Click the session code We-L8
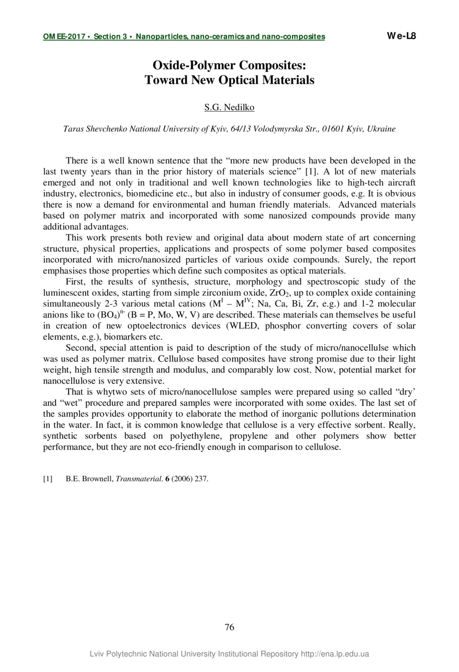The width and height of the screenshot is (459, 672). coord(401,36)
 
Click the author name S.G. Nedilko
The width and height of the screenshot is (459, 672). coord(229,107)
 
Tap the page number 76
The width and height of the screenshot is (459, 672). coord(229,628)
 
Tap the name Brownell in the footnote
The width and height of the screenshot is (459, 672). coord(98,479)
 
